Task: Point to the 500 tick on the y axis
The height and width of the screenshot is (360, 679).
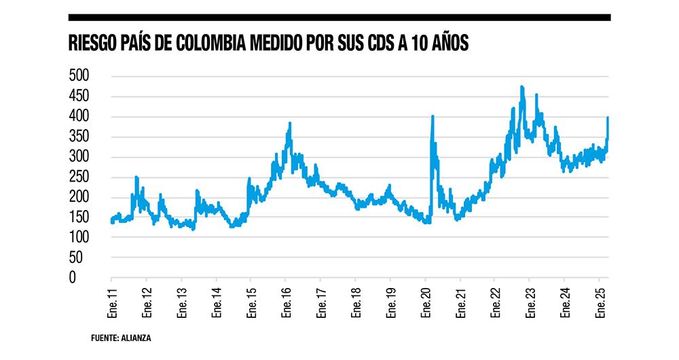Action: pyautogui.click(x=79, y=76)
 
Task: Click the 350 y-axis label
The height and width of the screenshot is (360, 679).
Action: pyautogui.click(x=79, y=137)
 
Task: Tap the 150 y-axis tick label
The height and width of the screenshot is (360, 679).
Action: pyautogui.click(x=79, y=217)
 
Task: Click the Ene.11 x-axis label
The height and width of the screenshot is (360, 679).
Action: pyautogui.click(x=111, y=302)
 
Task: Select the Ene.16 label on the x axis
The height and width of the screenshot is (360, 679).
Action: pyautogui.click(x=285, y=302)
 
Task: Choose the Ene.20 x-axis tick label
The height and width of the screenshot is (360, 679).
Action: pyautogui.click(x=424, y=302)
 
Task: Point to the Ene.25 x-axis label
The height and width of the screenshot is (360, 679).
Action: pyautogui.click(x=599, y=302)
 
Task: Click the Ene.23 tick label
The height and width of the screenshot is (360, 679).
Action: pyautogui.click(x=529, y=302)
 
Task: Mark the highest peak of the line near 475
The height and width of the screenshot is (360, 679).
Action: pyautogui.click(x=521, y=87)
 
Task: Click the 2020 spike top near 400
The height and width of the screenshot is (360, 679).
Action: pyautogui.click(x=433, y=117)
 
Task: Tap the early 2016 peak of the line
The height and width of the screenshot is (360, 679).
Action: pyautogui.click(x=290, y=124)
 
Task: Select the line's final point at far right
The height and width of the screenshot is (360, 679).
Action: pyautogui.click(x=608, y=118)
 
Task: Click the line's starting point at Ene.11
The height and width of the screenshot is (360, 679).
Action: pyautogui.click(x=111, y=219)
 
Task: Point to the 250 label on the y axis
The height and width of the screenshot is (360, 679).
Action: pyautogui.click(x=79, y=177)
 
